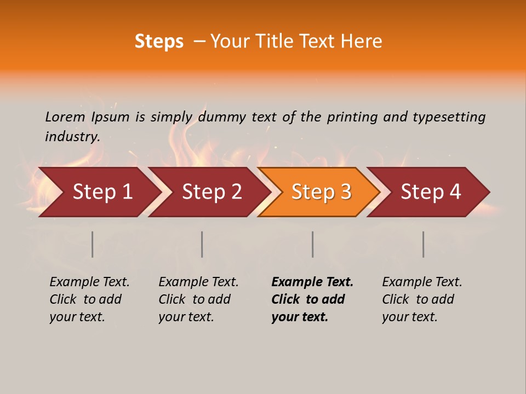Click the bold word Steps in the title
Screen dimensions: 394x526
159,42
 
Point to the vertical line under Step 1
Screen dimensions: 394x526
93,244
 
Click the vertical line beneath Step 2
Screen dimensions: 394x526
202,244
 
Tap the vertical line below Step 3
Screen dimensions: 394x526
313,244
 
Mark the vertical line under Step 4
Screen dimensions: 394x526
424,244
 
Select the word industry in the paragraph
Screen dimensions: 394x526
72,137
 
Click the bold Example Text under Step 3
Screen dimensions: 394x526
312,282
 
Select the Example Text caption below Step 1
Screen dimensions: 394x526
89,282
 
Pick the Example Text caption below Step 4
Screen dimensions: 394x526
422,282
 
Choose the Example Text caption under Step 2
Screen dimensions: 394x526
198,282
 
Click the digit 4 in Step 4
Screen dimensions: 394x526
455,192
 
